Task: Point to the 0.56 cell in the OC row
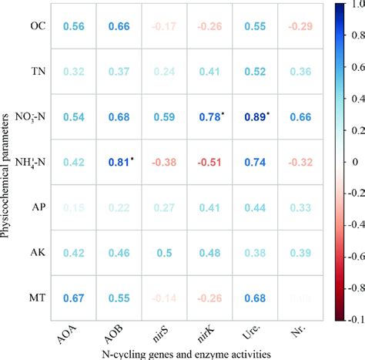[73, 25]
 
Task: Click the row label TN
[38, 71]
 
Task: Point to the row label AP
[39, 207]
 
